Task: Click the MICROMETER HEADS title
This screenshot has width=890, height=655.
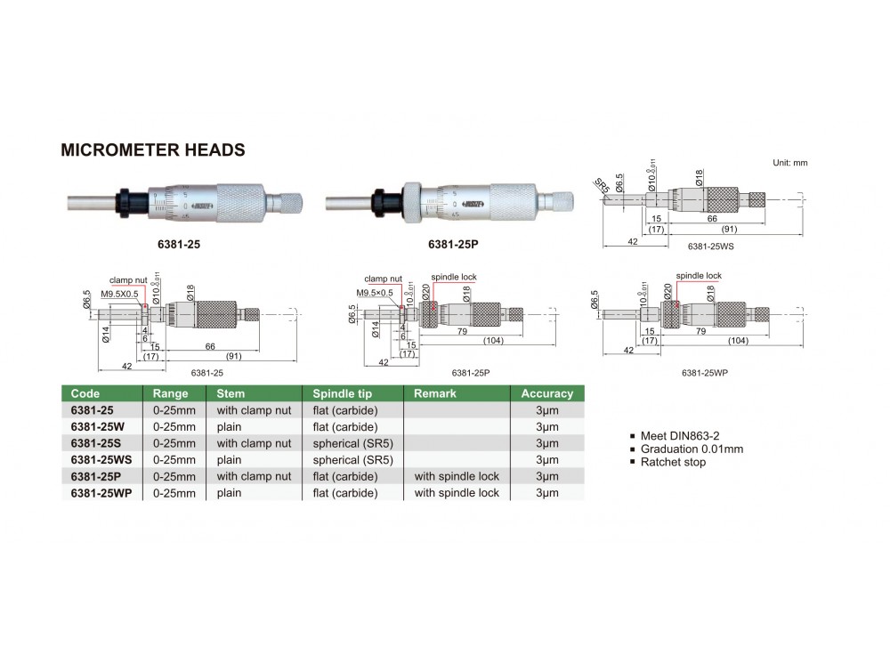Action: coord(152,150)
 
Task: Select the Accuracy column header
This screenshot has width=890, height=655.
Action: coord(546,393)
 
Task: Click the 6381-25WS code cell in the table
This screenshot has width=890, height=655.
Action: coord(101,459)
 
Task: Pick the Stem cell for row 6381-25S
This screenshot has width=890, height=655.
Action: coord(254,443)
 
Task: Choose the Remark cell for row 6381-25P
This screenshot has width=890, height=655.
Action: coord(457,476)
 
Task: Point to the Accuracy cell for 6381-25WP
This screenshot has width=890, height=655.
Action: coord(546,492)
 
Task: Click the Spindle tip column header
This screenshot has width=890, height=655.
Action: coord(342,393)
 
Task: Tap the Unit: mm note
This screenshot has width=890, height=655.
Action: coord(789,163)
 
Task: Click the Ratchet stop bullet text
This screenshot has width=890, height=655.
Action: coord(674,462)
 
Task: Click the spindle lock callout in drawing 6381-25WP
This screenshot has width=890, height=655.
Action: coord(699,276)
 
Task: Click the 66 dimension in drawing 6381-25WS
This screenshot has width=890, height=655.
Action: coord(712,217)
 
